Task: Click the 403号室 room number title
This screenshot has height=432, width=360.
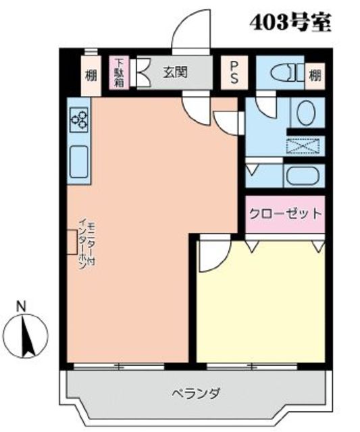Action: pyautogui.click(x=290, y=24)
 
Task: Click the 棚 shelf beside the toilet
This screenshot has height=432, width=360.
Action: pyautogui.click(x=315, y=74)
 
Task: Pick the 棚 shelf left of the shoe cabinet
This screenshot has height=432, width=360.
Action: pyautogui.click(x=91, y=74)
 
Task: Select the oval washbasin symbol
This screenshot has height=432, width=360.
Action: pyautogui.click(x=305, y=111)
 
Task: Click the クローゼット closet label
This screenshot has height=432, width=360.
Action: pyautogui.click(x=285, y=214)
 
